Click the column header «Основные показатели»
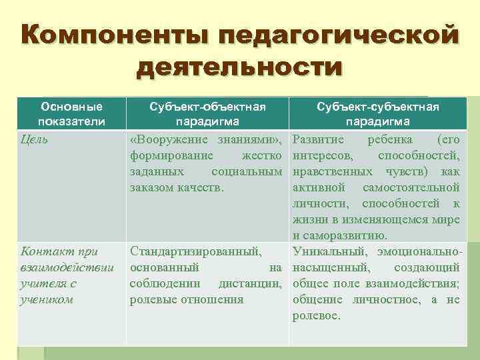71,114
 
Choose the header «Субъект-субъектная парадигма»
377,114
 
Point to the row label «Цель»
35,140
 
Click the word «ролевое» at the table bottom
316,315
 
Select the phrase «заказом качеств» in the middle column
176,188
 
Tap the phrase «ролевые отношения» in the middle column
186,299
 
